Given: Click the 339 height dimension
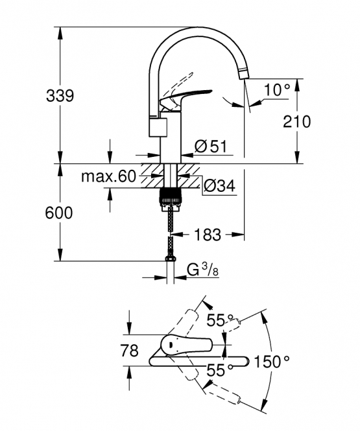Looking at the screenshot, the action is [x=60, y=96].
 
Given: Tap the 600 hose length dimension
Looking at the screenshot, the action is [x=59, y=213].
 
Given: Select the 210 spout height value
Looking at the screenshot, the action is [x=297, y=121].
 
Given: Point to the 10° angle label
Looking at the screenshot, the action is [x=277, y=90].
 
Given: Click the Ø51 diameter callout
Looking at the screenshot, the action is [x=211, y=146].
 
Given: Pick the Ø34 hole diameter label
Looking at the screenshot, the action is [x=219, y=186].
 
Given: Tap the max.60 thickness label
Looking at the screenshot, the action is [x=108, y=176].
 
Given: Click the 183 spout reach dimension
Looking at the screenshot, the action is [x=208, y=235].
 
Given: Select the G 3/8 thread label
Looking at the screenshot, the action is [x=203, y=270].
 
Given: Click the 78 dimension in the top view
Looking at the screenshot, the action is [x=129, y=351].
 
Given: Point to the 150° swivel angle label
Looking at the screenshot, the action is [x=271, y=361].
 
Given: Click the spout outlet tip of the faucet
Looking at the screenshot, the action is [x=244, y=75].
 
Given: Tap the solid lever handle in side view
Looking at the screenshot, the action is [x=184, y=99].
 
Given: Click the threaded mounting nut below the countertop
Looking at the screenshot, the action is [x=171, y=198].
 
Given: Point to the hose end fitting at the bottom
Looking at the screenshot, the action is [x=170, y=259].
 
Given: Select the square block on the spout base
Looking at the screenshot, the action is [x=158, y=127].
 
